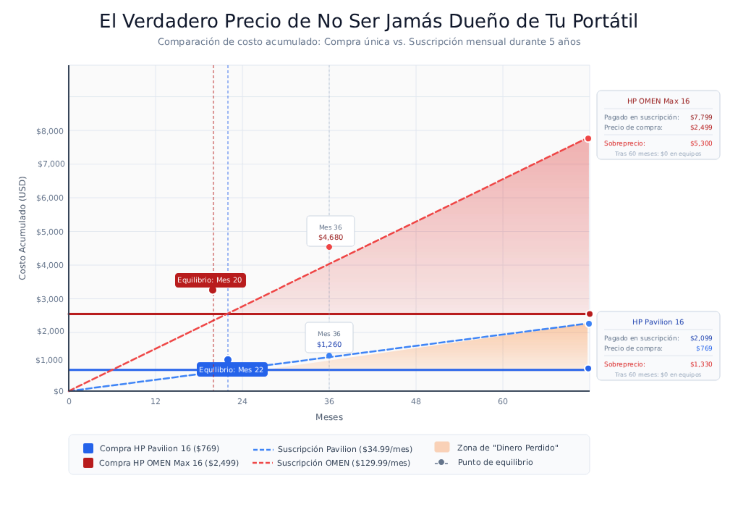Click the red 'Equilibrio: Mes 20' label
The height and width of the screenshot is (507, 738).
tap(210, 280)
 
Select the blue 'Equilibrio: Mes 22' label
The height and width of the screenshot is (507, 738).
tap(232, 370)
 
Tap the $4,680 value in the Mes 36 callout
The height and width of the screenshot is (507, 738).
tap(331, 238)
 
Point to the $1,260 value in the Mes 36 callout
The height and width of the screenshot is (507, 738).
tap(329, 344)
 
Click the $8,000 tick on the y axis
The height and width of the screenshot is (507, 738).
tap(50, 131)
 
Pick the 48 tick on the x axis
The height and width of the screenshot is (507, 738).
tap(416, 402)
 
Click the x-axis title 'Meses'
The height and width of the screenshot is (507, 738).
tap(329, 417)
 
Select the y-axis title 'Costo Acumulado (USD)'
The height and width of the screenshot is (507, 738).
tap(22, 228)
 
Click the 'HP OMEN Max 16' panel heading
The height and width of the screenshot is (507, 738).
tap(658, 101)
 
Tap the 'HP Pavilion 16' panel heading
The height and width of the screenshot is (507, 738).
tap(658, 322)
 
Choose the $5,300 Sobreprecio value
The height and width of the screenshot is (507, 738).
tap(701, 143)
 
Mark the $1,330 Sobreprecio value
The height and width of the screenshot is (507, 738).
tap(701, 364)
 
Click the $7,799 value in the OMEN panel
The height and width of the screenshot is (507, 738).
tap(701, 117)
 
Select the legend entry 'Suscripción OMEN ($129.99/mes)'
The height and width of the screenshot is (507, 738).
tap(343, 463)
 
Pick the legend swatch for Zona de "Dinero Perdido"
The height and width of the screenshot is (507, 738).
tap(442, 447)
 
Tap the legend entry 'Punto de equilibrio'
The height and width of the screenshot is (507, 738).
tap(495, 462)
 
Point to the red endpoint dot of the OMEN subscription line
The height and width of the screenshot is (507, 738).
tap(588, 139)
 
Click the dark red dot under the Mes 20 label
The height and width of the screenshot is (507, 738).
tap(213, 290)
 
